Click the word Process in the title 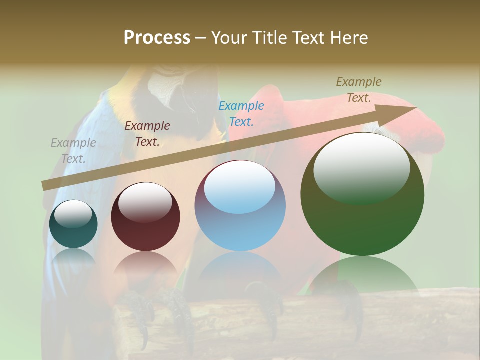pyautogui.click(x=157, y=37)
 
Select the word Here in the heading pyautogui.click(x=348, y=38)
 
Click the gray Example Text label pyautogui.click(x=73, y=151)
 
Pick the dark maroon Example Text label pyautogui.click(x=147, y=134)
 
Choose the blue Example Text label pyautogui.click(x=241, y=113)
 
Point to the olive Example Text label pyautogui.click(x=359, y=90)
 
